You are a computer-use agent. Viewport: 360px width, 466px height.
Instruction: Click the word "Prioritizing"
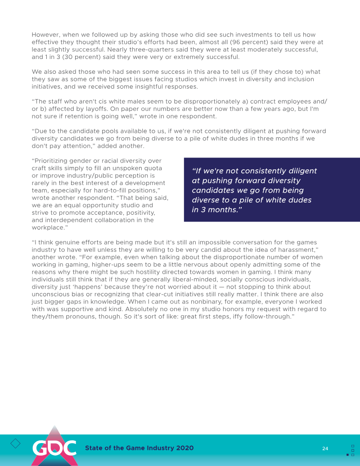(x=53, y=161)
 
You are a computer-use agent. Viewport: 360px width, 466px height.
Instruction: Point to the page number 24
(x=325, y=448)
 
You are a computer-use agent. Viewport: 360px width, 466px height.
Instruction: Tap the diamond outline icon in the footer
(x=15, y=443)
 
